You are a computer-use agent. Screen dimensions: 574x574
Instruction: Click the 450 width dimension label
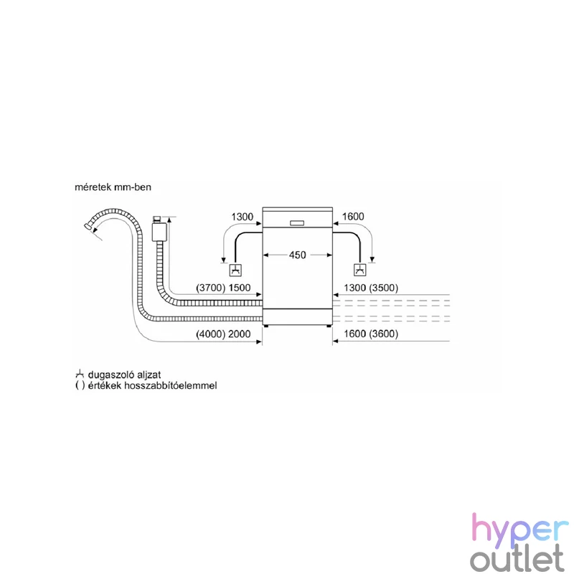pos(297,255)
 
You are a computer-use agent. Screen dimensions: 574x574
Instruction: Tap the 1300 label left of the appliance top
pos(242,217)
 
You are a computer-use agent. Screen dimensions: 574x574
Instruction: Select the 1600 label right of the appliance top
pos(353,217)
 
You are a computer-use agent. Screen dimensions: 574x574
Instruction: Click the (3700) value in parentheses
pos(211,288)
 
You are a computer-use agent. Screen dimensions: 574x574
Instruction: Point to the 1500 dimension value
pos(240,288)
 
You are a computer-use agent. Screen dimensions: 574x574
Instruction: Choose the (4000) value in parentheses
pos(211,334)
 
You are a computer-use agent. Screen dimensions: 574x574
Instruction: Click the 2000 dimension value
pos(240,334)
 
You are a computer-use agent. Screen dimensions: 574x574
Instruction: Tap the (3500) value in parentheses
pos(384,288)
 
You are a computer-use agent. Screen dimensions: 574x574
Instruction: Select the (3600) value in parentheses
pos(384,334)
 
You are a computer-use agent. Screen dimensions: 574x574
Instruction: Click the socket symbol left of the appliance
pos(235,270)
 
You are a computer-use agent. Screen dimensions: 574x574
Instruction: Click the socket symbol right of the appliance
pos(360,270)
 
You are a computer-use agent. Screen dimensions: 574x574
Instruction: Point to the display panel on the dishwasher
pos(297,223)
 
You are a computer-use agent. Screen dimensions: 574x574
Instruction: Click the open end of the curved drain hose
pos(87,226)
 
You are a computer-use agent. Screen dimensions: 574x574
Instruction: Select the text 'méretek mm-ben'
pos(113,187)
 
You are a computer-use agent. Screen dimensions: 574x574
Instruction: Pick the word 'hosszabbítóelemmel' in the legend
pos(171,385)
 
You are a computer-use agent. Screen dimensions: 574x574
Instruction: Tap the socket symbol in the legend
pos(80,374)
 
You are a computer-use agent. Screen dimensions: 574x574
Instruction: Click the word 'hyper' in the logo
pos(520,529)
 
